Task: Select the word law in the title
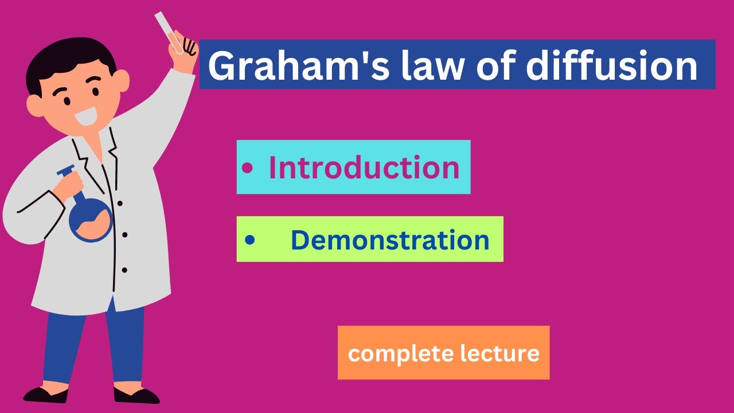[x=411, y=65]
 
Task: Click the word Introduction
[x=364, y=167]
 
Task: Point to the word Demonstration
[x=390, y=240]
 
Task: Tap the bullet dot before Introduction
[x=247, y=168]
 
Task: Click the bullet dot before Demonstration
[x=249, y=240]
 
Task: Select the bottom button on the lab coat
[x=124, y=270]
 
